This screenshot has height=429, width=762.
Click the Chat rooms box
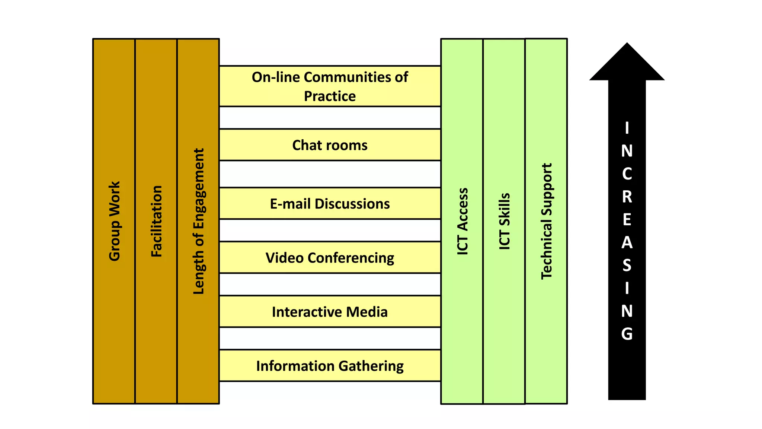coord(330,145)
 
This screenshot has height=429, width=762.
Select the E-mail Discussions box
coord(330,203)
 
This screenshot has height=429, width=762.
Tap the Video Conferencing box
coord(330,257)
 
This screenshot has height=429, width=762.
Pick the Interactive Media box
coord(330,312)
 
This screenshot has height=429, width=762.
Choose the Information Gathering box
coord(330,366)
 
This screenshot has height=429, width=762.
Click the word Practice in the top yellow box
coord(330,96)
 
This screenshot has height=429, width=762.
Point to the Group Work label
coord(114,221)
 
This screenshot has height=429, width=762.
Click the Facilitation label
coord(156,221)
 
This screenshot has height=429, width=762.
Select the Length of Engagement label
coord(198,221)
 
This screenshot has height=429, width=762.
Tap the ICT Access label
coord(462,221)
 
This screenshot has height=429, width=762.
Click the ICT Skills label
coord(504,221)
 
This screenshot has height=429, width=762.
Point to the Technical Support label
coord(546,221)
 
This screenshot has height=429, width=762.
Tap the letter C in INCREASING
coord(627,174)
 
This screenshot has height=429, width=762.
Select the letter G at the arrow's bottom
coord(627,334)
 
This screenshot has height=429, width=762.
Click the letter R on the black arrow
coord(627,197)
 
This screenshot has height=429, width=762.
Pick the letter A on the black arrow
coord(627,242)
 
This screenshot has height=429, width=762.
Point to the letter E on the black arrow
coord(627,220)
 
